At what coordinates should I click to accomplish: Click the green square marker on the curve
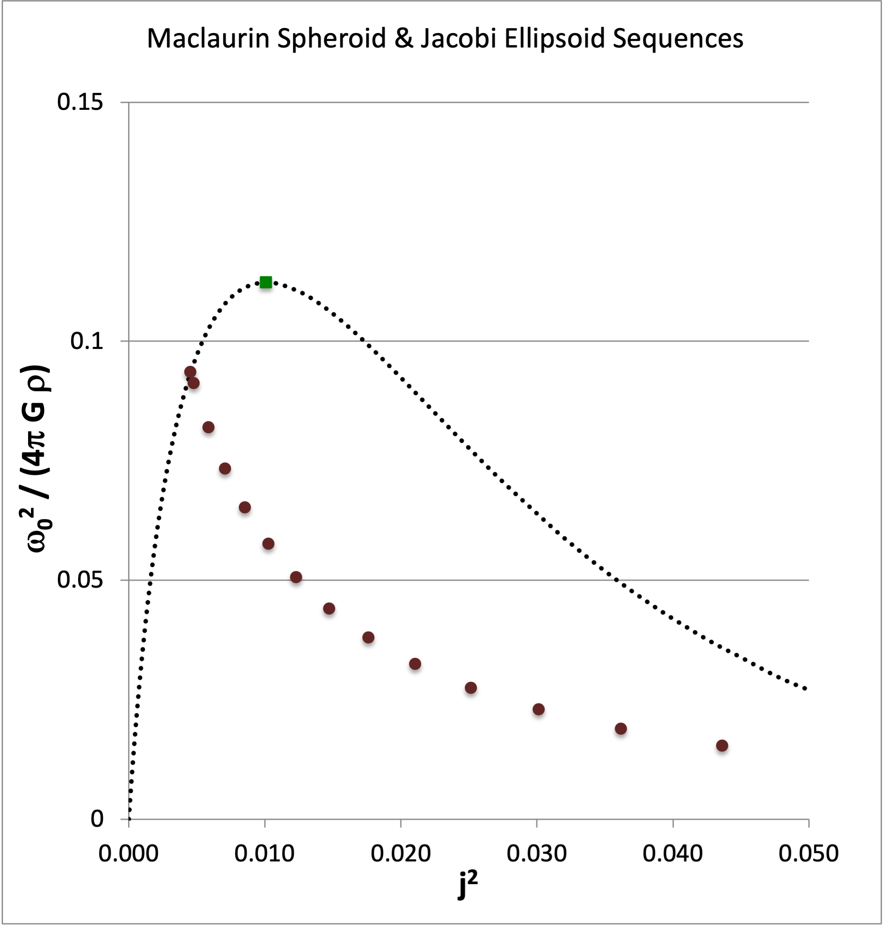266,282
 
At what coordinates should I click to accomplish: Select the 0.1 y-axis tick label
86,341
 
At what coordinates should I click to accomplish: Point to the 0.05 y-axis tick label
80,579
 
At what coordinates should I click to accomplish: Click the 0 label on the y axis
97,819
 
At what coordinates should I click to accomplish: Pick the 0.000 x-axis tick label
128,854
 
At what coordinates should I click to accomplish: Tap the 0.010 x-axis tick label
264,854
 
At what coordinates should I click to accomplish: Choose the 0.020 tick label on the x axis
401,854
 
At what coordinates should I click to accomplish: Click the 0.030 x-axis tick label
536,854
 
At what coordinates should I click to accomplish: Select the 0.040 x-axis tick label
673,854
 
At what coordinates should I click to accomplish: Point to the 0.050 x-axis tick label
808,854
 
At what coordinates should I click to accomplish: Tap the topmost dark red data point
190,372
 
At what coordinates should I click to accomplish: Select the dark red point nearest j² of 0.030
539,709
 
